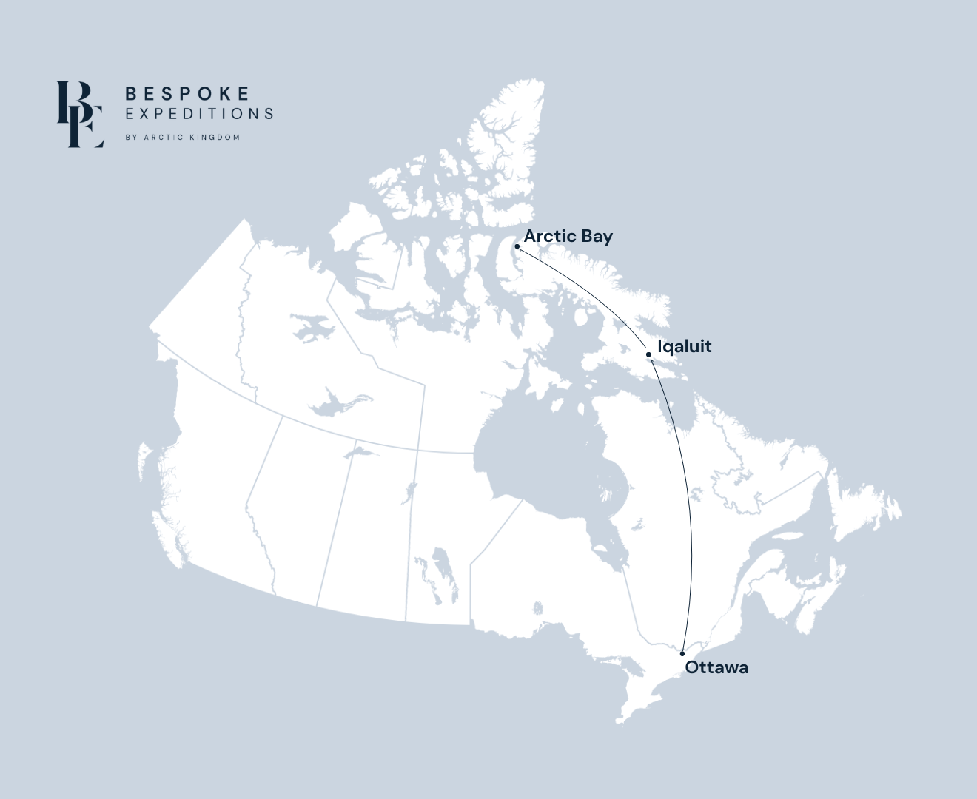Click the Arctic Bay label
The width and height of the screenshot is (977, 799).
[568, 236]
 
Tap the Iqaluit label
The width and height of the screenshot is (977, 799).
[684, 346]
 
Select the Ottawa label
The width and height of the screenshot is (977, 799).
[716, 667]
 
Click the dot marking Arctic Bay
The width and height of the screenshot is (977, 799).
[517, 246]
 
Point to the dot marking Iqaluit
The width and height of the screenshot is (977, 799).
[648, 354]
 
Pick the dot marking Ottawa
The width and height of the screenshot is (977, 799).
[682, 654]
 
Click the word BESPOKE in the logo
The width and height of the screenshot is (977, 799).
[187, 94]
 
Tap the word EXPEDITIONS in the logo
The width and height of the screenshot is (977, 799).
[199, 114]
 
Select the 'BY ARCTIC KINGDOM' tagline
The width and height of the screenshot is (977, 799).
[182, 138]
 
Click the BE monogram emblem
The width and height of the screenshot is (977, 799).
[80, 114]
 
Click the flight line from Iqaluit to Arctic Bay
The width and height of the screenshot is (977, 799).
[592, 293]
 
